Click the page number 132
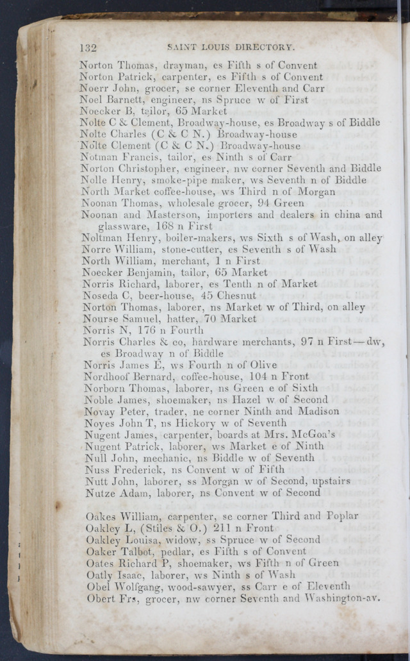(x=87, y=47)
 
